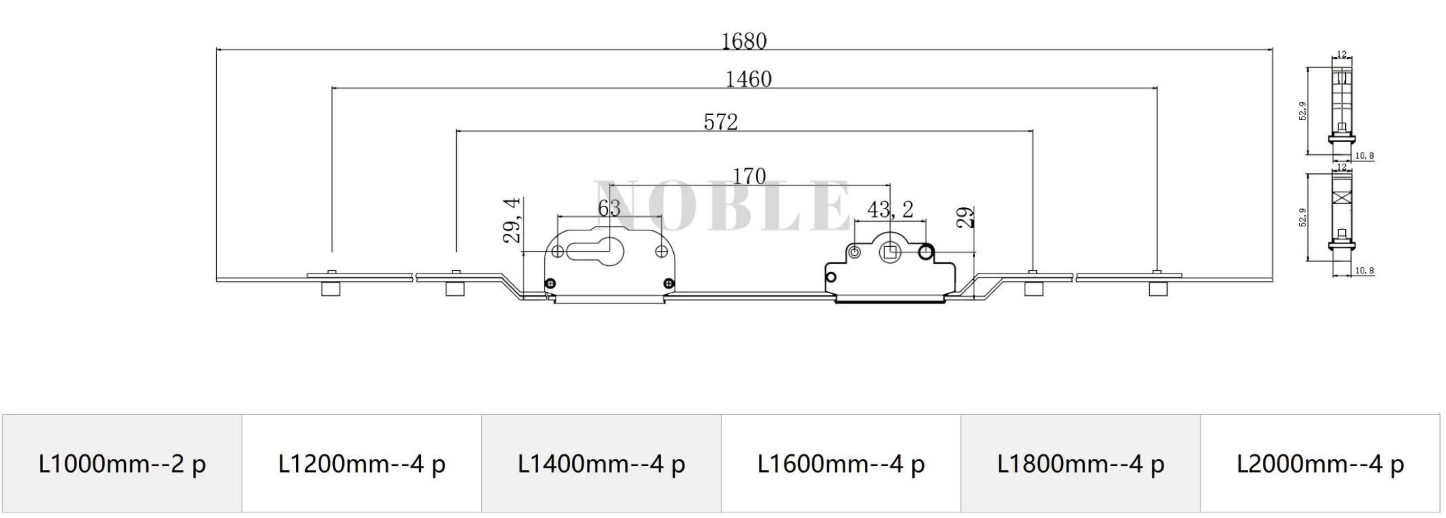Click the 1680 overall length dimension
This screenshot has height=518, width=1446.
point(744,41)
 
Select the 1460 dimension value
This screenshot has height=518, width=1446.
point(749,79)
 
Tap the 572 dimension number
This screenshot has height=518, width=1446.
point(721,122)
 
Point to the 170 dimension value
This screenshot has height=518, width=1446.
point(749,176)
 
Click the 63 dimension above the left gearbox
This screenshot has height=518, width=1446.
point(609,208)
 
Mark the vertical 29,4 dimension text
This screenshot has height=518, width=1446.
point(512,220)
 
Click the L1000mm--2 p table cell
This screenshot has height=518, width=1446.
point(122,464)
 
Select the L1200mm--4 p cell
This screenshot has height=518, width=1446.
point(362,464)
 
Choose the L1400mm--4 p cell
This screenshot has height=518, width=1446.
point(601,464)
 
